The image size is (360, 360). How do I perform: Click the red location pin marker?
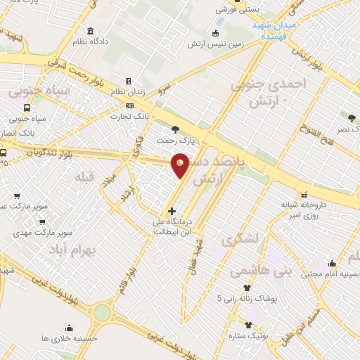tap(181, 164)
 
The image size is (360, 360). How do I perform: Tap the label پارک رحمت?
tap(175, 140)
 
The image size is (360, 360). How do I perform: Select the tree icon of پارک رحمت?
tap(175, 129)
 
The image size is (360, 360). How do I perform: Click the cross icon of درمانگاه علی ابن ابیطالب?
tap(172, 211)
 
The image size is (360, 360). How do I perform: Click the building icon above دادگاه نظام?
tap(91, 31)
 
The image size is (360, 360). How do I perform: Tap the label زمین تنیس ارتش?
tap(215, 44)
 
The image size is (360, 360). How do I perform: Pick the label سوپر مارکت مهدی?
tap(46, 231)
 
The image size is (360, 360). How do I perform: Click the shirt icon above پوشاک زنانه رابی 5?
tap(247, 288)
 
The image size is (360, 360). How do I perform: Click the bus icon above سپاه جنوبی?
tap(27, 108)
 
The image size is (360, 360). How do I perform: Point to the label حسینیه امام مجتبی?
tap(331, 275)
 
